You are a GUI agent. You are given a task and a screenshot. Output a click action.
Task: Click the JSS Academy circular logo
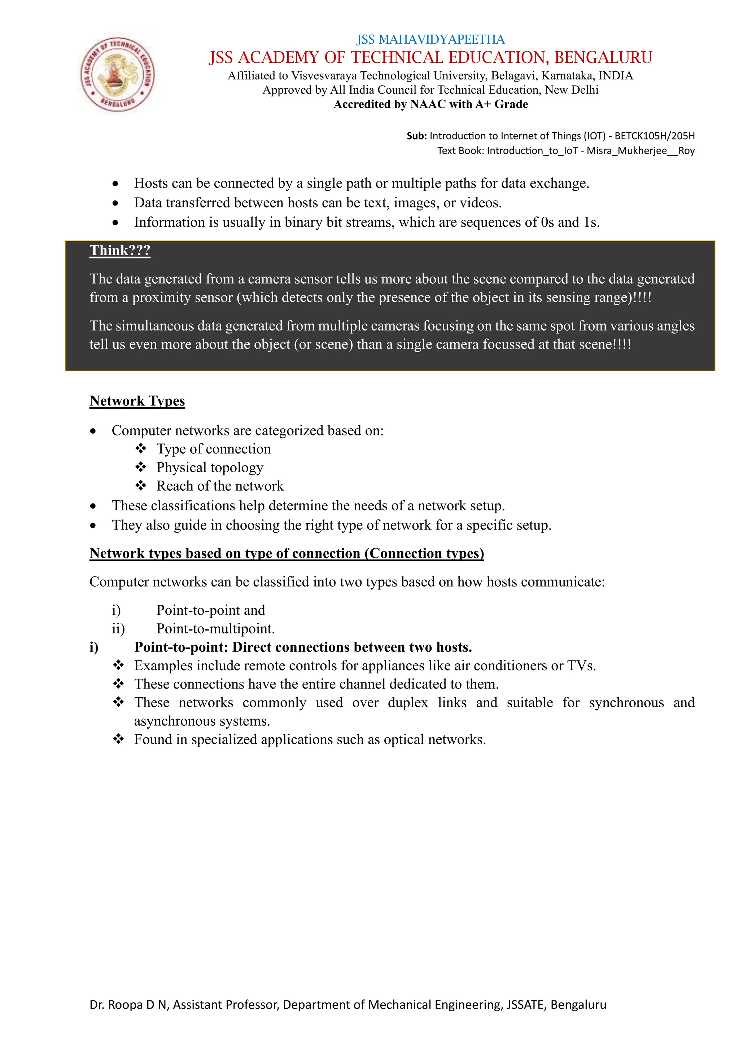tap(117, 74)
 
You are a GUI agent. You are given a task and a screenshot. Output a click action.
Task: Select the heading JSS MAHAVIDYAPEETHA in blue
tap(430, 40)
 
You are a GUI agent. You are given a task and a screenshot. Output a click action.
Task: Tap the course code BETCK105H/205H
tap(654, 136)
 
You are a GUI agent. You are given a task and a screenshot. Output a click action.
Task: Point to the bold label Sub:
tap(416, 136)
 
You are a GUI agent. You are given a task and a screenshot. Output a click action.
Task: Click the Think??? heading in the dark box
tap(120, 251)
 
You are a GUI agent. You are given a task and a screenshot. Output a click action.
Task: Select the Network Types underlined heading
tap(137, 401)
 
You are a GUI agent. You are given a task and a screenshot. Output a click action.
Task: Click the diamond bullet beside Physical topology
tap(141, 467)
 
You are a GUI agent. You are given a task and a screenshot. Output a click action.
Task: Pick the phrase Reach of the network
tap(220, 486)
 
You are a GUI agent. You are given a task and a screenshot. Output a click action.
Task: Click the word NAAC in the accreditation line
tap(428, 104)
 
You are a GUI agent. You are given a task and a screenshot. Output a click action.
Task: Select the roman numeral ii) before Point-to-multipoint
tap(118, 628)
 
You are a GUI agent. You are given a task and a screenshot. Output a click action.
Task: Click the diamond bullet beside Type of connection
tap(141, 448)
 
